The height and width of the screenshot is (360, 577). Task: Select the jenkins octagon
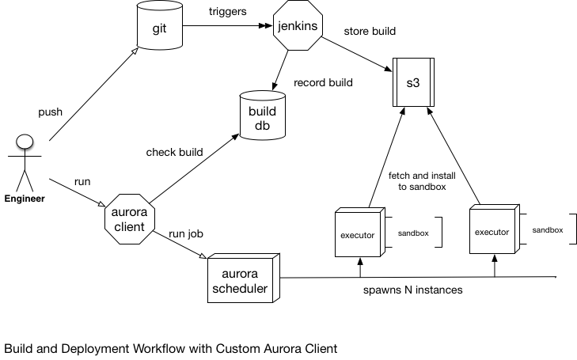tap(298, 26)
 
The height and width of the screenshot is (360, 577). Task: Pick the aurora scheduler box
tap(240, 281)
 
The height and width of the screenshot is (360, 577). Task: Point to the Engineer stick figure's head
tap(25, 142)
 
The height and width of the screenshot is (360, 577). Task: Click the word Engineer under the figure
tap(25, 199)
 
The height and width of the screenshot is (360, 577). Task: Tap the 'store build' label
tap(370, 31)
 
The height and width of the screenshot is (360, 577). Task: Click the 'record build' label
tap(323, 81)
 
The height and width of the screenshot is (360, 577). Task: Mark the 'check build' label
tap(175, 152)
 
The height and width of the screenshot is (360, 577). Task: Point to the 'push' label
tap(50, 112)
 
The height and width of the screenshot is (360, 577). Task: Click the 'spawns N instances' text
tap(412, 290)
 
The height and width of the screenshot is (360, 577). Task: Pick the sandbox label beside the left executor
tap(413, 235)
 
